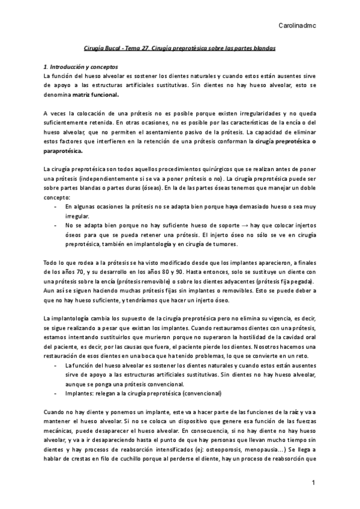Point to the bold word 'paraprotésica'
click(64, 151)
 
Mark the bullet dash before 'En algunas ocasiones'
click(55, 206)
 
